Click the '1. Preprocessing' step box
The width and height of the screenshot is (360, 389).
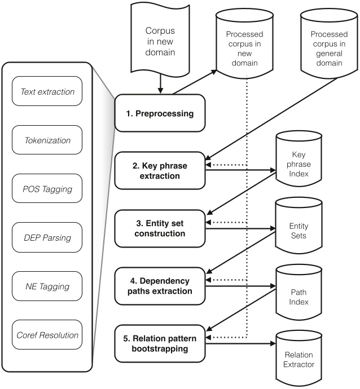pyautogui.click(x=159, y=113)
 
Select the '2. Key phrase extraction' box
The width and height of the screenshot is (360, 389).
pyautogui.click(x=159, y=170)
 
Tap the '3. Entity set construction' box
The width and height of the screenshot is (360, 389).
pyautogui.click(x=159, y=228)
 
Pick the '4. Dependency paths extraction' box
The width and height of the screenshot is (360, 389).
pyautogui.click(x=159, y=286)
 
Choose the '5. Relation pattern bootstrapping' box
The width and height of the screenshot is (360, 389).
pyautogui.click(x=159, y=343)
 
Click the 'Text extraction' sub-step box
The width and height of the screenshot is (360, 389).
pyautogui.click(x=47, y=92)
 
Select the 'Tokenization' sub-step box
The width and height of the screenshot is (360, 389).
pyautogui.click(x=47, y=140)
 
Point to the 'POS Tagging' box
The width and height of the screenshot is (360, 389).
pyautogui.click(x=47, y=189)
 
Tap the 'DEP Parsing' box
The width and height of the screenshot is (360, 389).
pyautogui.click(x=47, y=237)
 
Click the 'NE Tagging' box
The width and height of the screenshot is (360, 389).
pyautogui.click(x=47, y=286)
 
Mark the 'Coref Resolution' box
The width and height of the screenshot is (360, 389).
pyautogui.click(x=47, y=335)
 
